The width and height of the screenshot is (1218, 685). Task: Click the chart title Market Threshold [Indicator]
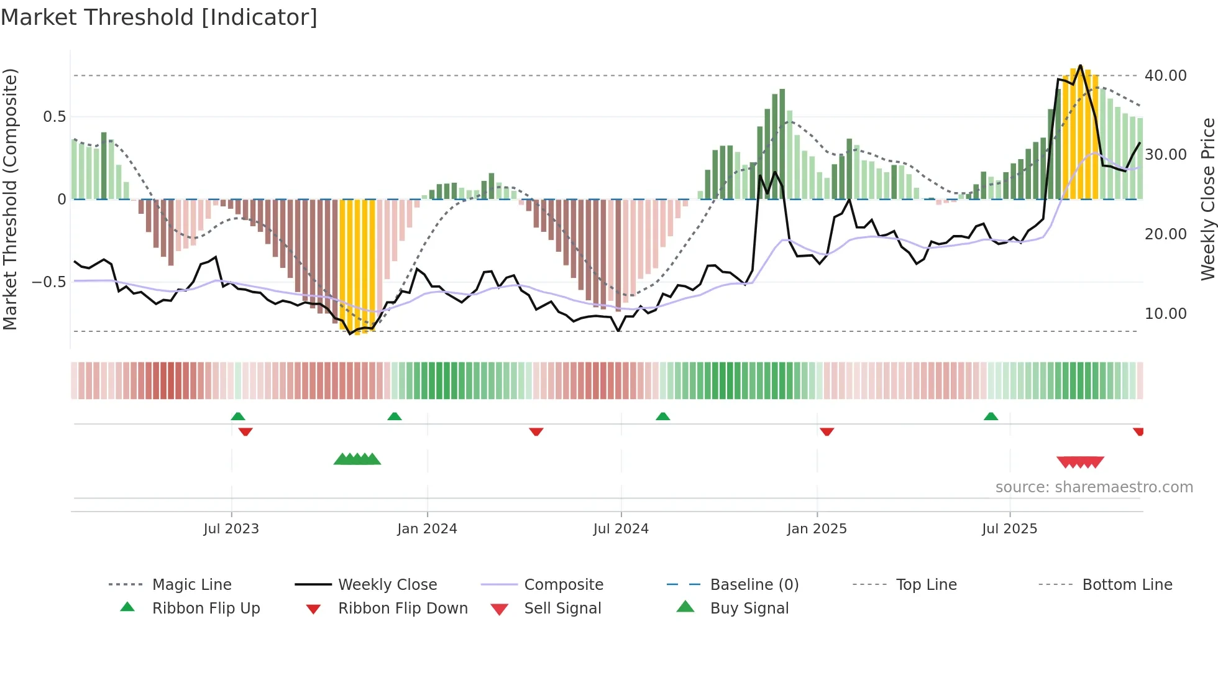click(x=159, y=17)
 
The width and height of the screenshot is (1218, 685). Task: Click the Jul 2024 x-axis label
click(x=621, y=528)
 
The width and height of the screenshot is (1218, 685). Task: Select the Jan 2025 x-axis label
click(x=817, y=528)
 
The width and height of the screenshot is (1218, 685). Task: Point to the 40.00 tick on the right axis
click(x=1165, y=75)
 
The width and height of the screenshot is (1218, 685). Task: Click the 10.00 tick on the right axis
click(x=1165, y=313)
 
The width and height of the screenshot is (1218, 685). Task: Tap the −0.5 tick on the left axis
click(x=48, y=282)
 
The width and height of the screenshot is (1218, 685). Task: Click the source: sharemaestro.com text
click(x=1094, y=487)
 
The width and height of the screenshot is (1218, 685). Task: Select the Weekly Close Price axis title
click(x=1207, y=199)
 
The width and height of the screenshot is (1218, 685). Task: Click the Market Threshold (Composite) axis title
click(x=10, y=199)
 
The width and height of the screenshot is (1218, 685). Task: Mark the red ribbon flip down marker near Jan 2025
click(x=826, y=431)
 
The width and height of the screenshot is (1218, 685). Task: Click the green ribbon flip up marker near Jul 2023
click(x=238, y=416)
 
